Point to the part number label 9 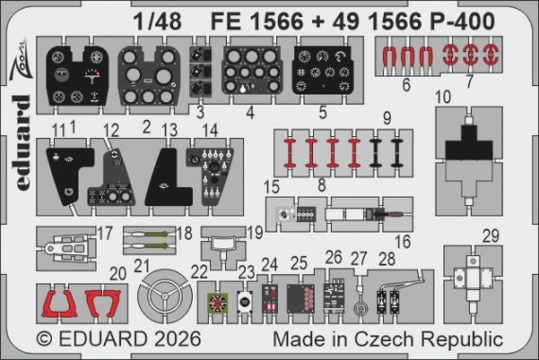[412, 119]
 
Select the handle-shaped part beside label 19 [223, 240]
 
